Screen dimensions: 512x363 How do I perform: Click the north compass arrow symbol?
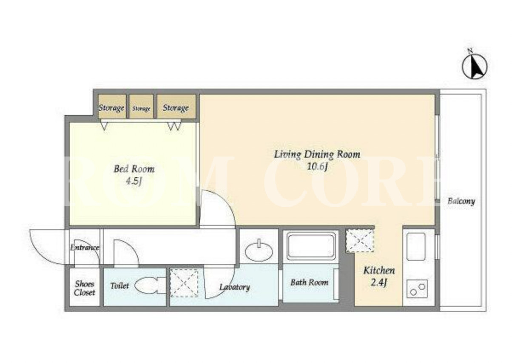click(475, 66)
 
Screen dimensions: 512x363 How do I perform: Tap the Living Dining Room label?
click(317, 154)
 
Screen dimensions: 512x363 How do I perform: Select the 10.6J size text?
click(317, 167)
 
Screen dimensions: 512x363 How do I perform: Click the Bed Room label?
click(134, 169)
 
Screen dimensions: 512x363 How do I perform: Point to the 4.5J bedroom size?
click(134, 181)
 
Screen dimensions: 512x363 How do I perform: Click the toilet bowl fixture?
click(150, 285)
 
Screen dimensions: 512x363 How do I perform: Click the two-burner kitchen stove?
click(417, 289)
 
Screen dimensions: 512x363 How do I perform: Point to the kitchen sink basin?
click(416, 247)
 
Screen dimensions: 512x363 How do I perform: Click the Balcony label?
click(461, 201)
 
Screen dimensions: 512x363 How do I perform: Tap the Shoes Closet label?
click(84, 288)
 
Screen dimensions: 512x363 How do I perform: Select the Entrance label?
click(85, 248)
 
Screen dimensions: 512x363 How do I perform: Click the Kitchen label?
click(379, 271)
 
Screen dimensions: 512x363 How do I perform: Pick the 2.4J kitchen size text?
click(378, 283)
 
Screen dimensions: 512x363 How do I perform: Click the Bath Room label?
click(309, 282)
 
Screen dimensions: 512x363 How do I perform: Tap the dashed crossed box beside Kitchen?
click(360, 240)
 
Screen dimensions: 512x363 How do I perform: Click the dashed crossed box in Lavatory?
click(184, 283)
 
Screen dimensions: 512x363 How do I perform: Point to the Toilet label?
click(119, 286)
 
